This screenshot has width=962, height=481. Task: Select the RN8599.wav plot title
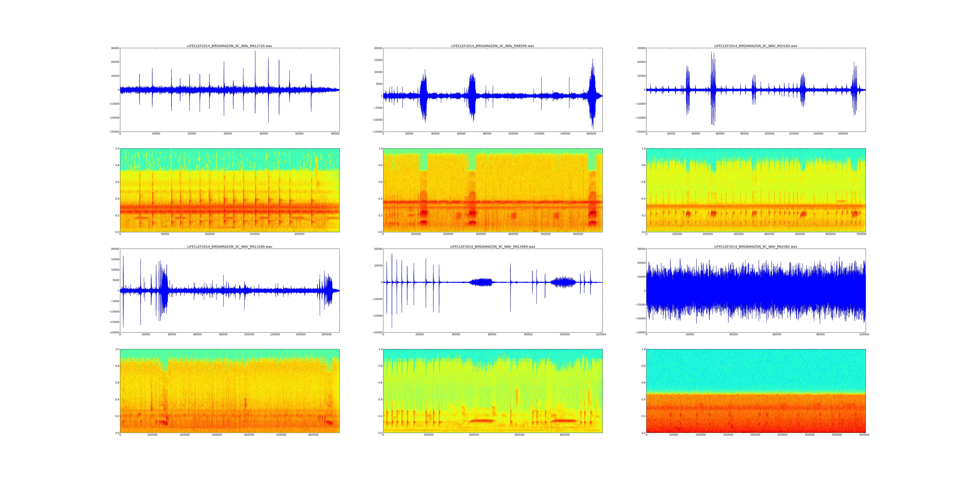pos(493,46)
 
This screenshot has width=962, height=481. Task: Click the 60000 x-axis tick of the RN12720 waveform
pos(335,134)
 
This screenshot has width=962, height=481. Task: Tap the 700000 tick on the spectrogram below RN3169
pos(861,234)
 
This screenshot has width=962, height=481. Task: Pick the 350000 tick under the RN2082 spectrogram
pos(837,435)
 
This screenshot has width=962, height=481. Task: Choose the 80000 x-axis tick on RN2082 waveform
pos(820,335)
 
